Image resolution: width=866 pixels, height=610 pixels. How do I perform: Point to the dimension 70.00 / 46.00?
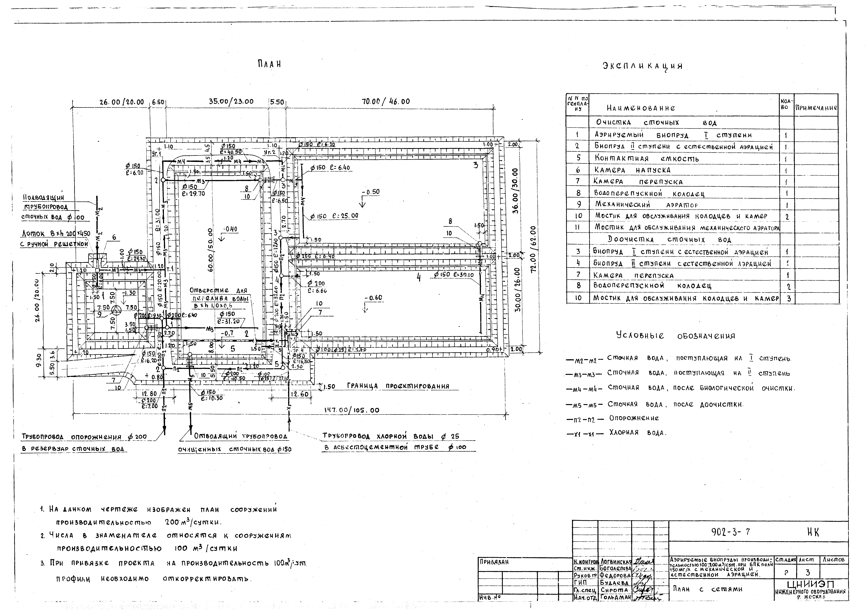point(386,101)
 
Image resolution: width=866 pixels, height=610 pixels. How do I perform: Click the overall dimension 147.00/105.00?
point(352,410)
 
